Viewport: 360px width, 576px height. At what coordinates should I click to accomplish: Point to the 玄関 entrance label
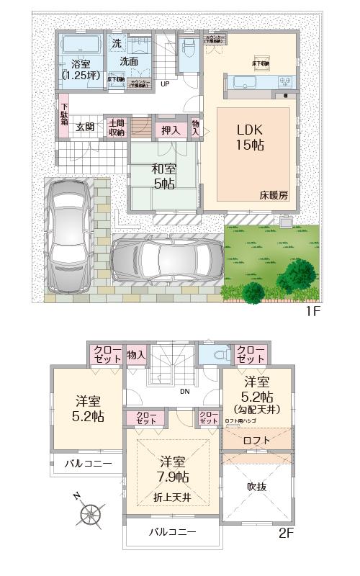pos(85,127)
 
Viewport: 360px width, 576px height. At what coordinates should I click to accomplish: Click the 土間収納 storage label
pos(117,127)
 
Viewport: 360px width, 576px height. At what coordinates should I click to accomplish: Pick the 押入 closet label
pos(171,130)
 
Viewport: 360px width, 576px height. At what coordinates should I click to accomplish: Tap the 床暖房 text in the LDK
pos(274,195)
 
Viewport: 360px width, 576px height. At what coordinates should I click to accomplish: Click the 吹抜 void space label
pos(257,487)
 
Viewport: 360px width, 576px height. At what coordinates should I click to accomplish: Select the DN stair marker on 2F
pos(184,392)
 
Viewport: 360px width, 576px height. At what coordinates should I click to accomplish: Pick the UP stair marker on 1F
pos(165,84)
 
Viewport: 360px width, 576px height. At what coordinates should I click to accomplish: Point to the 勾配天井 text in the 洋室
pos(257,410)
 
